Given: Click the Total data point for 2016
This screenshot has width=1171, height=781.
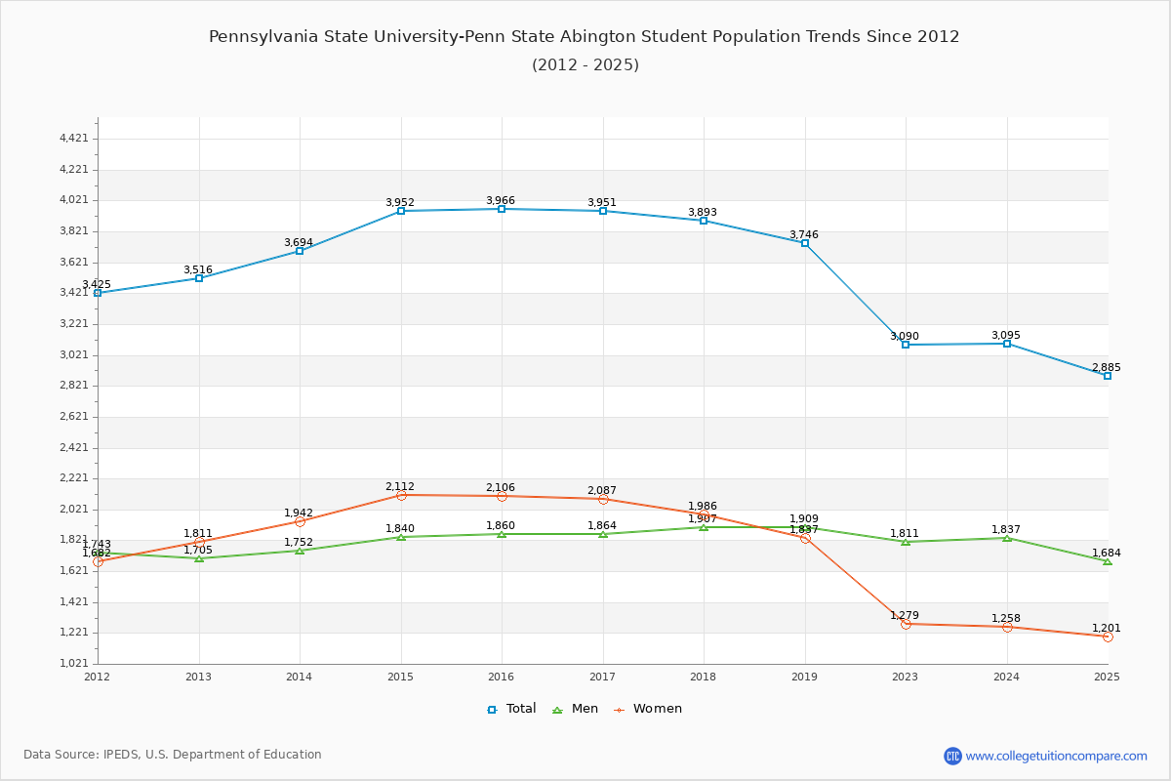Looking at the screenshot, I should point(502,209).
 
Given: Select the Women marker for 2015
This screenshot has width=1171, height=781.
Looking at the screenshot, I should point(401,495).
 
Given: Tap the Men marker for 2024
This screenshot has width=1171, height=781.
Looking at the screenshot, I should point(1006,538).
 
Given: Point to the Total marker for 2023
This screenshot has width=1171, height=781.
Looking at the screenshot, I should point(906,345).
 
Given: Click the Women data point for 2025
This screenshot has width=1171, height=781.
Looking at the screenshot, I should point(1108,637).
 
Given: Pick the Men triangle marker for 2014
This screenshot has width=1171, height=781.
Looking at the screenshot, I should point(300,551).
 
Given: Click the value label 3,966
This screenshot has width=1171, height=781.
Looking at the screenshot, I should point(501,200).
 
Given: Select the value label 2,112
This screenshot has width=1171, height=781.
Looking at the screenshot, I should point(400,486).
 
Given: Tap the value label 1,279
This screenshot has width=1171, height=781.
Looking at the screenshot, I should point(905,615).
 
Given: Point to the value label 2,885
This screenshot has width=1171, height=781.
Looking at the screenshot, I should point(1107,368).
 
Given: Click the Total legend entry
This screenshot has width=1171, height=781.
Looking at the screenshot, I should point(512,709).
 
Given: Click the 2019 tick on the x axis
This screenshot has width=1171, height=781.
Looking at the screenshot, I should point(805,676).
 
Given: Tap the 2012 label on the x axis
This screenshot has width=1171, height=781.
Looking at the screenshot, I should point(98,676).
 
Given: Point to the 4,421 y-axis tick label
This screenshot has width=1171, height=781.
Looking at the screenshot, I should point(74,139).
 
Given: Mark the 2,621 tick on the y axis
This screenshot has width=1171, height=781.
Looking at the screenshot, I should point(74,417).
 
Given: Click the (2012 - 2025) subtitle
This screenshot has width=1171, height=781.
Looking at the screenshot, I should point(585,65).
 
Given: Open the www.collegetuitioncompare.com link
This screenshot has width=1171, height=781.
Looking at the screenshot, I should point(1056,756).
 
